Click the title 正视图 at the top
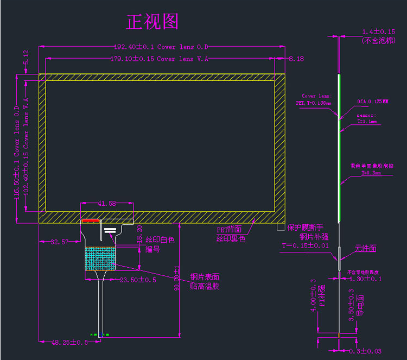152,22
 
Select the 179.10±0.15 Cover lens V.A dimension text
159,59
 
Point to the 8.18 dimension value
296,59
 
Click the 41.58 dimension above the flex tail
107,204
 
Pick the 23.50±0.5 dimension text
138,280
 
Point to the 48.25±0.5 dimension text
70,343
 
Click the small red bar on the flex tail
91,221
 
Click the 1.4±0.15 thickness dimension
378,32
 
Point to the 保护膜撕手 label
305,227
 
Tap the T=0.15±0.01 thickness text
305,245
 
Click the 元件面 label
366,249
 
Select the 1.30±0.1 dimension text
366,279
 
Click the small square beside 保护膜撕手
281,227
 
